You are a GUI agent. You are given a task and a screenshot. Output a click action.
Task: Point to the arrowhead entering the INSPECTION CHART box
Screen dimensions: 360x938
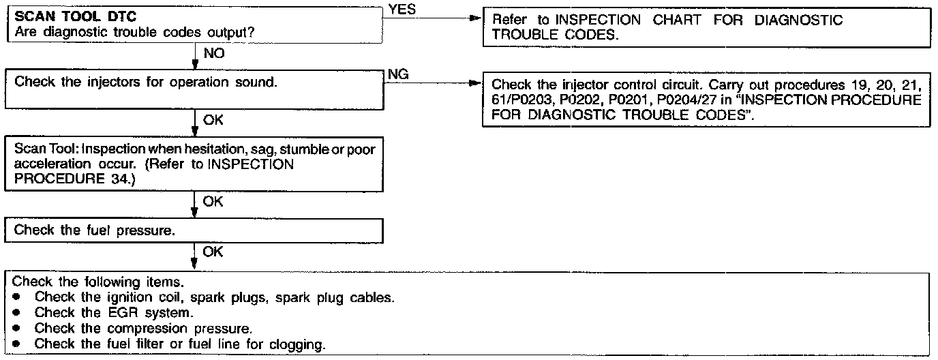point(477,20)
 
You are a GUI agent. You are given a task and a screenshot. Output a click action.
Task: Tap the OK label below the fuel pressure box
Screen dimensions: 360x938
point(213,252)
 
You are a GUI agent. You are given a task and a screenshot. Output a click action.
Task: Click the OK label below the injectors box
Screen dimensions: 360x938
point(213,121)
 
